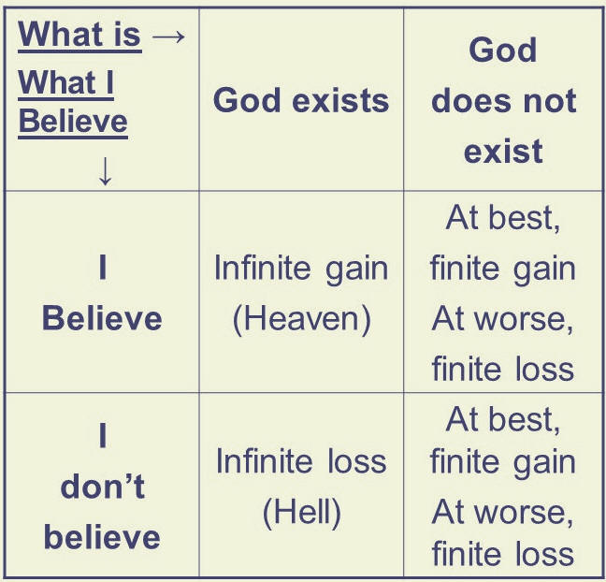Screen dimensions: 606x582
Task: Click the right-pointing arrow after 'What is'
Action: pyautogui.click(x=168, y=36)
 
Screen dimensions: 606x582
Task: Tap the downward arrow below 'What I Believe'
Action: pyautogui.click(x=105, y=170)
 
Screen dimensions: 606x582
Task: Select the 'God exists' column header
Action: pyautogui.click(x=301, y=100)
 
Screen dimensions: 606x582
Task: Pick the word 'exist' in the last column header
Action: pyautogui.click(x=503, y=151)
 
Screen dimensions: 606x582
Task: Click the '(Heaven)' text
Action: pyautogui.click(x=301, y=320)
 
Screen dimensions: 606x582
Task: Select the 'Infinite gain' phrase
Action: pyautogui.click(x=301, y=269)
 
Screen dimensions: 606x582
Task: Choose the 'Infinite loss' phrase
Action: pyautogui.click(x=301, y=460)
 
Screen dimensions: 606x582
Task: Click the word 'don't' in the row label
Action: pyautogui.click(x=103, y=486)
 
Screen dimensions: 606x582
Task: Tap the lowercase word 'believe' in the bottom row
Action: pyautogui.click(x=102, y=536)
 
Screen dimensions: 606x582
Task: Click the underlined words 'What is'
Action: pyautogui.click(x=79, y=35)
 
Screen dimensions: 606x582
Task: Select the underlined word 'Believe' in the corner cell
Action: pyautogui.click(x=73, y=123)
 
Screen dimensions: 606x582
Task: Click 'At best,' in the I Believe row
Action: pyautogui.click(x=503, y=219)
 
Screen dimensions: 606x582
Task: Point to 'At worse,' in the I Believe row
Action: pyautogui.click(x=503, y=319)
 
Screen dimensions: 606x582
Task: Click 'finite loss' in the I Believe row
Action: pyautogui.click(x=503, y=369)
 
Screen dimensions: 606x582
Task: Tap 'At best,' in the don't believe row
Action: pyautogui.click(x=503, y=420)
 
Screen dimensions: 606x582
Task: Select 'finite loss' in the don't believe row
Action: pyautogui.click(x=503, y=553)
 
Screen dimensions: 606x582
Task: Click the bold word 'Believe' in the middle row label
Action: pyautogui.click(x=102, y=319)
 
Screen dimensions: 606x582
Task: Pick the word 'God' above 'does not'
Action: pyautogui.click(x=503, y=50)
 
